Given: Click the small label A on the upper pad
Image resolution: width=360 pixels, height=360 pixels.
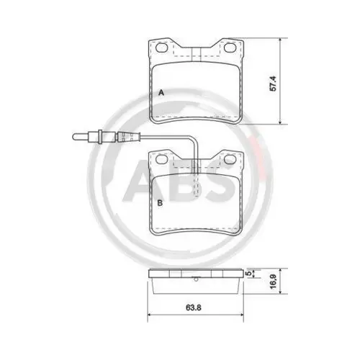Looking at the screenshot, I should tap(161, 94).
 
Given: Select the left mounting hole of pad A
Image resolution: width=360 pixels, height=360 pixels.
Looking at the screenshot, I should tap(163, 48).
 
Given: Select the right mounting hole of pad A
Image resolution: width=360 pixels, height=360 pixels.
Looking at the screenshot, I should tap(231, 48).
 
